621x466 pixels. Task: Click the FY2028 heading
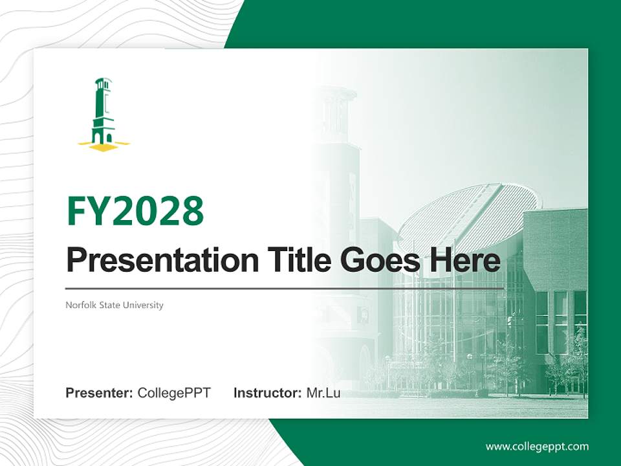point(135,211)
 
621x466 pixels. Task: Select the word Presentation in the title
point(153,261)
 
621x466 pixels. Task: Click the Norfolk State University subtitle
point(114,305)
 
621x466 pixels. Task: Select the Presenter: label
point(100,393)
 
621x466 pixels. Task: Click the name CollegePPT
point(174,393)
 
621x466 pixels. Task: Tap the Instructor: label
point(267,393)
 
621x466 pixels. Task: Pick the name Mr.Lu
point(323,393)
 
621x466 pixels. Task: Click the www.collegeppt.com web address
point(537,447)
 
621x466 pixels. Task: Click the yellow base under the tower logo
point(103,147)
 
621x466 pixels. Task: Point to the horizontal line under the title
point(285,288)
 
